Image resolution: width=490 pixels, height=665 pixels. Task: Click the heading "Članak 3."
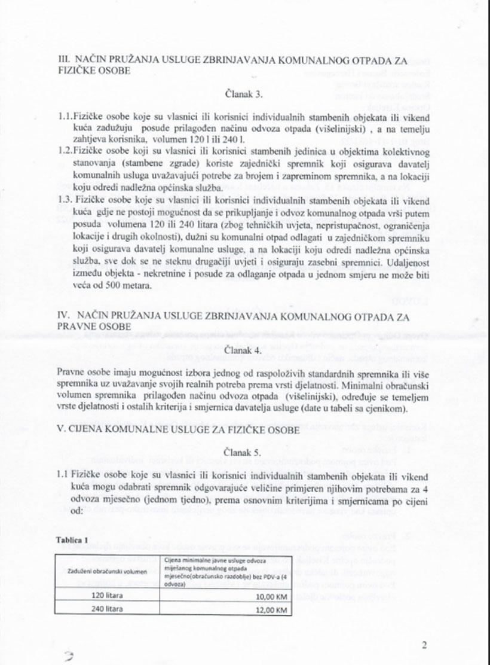[x=244, y=94]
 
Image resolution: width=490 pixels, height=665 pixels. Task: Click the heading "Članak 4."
[x=244, y=351]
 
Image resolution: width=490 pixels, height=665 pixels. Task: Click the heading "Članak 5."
[x=244, y=453]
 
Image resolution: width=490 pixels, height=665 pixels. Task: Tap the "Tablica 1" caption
[x=71, y=539]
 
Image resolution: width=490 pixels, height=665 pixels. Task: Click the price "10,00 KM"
[x=271, y=596]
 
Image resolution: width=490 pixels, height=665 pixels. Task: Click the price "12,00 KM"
[x=271, y=609]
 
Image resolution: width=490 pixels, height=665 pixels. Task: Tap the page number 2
[x=424, y=645]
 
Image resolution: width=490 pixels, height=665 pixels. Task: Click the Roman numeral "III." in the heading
[x=63, y=60]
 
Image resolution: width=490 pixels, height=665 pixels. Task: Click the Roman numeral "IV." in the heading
[x=63, y=316]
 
